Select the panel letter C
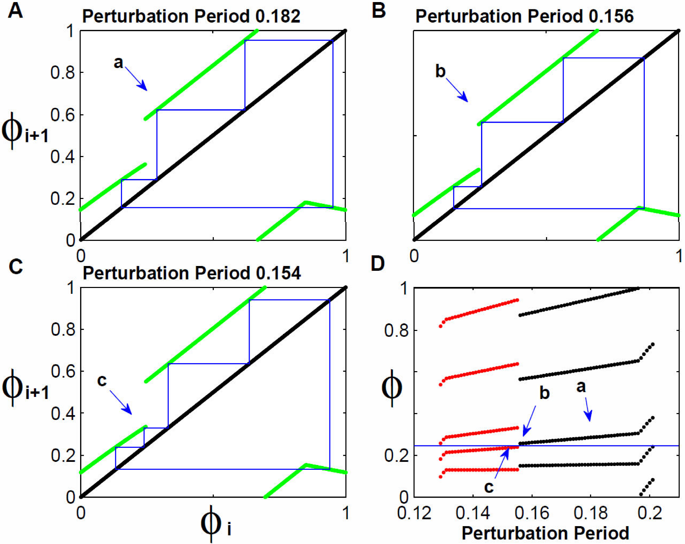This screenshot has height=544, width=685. [x=16, y=266]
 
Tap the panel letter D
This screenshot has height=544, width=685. [x=378, y=264]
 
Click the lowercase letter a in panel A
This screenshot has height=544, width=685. [x=118, y=63]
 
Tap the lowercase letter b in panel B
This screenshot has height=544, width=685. [x=441, y=71]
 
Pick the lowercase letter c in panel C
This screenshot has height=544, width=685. [x=102, y=380]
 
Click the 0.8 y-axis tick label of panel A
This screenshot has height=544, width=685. [x=63, y=73]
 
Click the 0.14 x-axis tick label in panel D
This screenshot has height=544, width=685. [x=473, y=513]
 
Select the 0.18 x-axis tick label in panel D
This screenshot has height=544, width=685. [x=591, y=513]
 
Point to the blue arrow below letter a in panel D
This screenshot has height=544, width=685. [x=588, y=409]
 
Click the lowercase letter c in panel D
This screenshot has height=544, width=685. [x=489, y=487]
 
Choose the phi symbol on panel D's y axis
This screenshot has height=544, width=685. [x=392, y=388]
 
